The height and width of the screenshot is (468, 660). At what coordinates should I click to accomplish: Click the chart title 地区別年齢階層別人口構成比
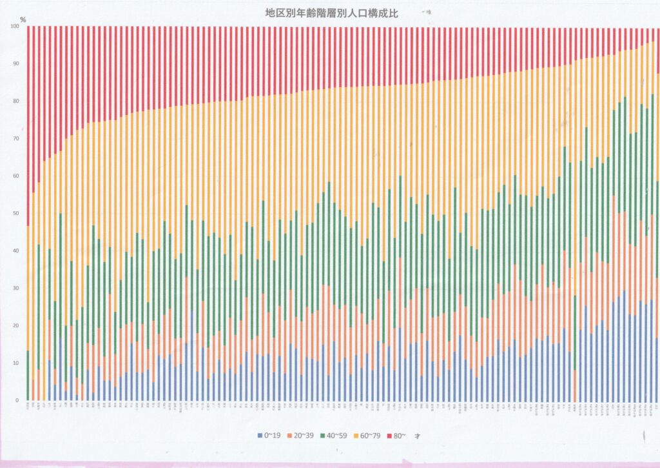[x=331, y=12]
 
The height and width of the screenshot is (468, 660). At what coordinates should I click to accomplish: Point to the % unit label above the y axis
[x=23, y=19]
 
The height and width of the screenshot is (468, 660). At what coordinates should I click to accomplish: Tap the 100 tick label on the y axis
[x=14, y=26]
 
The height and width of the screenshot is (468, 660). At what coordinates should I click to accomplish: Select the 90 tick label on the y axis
[x=15, y=64]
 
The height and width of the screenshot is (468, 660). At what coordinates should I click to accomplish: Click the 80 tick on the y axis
[x=15, y=101]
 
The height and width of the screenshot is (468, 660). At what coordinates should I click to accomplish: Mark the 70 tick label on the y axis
[x=15, y=139]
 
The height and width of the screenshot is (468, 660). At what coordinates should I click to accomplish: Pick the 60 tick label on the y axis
[x=15, y=176]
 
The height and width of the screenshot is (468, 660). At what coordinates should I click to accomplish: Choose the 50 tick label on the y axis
[x=15, y=214]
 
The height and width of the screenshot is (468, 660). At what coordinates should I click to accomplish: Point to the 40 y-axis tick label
[x=15, y=251]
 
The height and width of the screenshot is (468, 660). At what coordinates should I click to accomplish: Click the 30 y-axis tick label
[x=15, y=289]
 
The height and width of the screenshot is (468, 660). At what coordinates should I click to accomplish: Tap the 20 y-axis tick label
[x=15, y=326]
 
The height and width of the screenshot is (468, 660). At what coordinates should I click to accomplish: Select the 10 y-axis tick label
[x=15, y=363]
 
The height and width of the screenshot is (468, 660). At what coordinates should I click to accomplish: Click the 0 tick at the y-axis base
[x=17, y=401]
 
